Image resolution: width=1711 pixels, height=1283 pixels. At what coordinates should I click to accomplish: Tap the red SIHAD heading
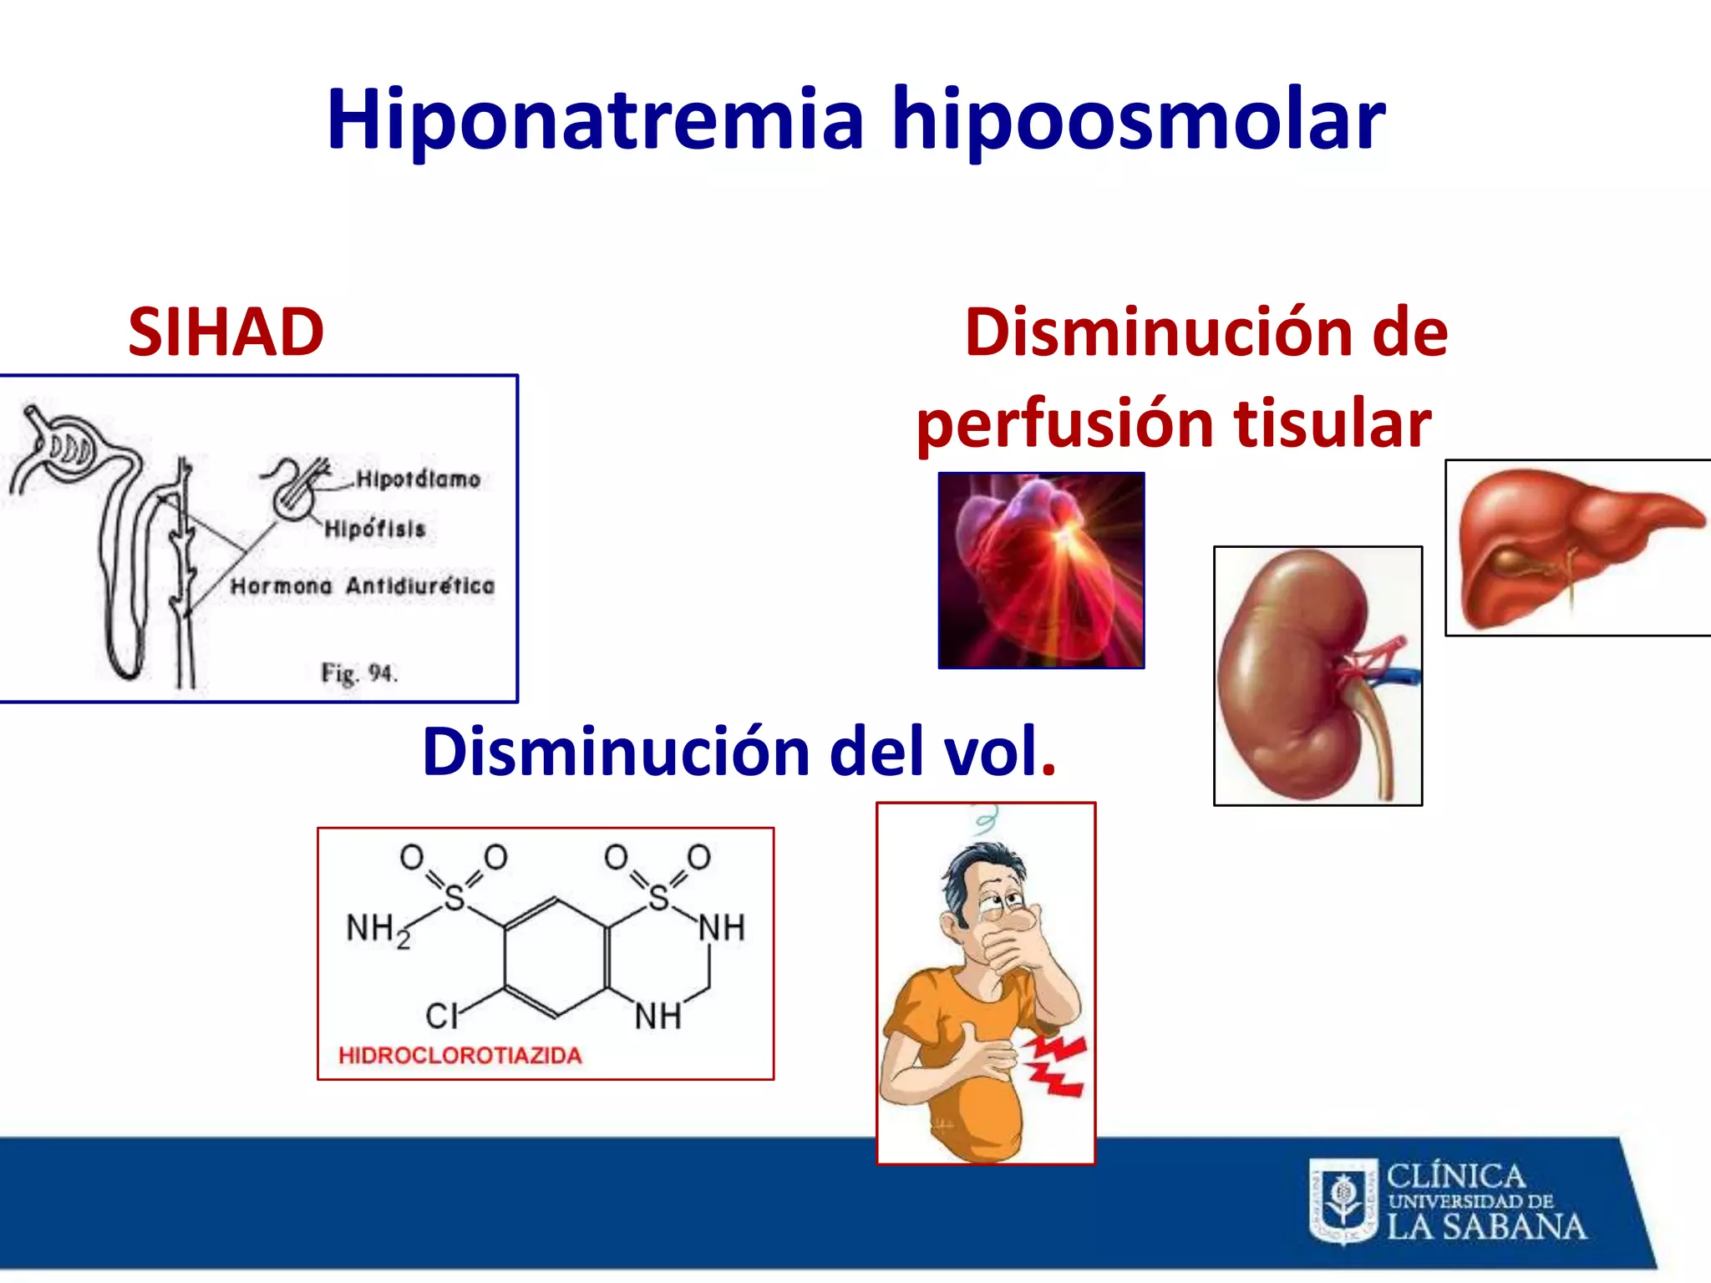coord(226,332)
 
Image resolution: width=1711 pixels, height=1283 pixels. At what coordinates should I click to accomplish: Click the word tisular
coord(1332,423)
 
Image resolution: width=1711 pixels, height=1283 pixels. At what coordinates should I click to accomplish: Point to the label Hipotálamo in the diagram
coord(418,479)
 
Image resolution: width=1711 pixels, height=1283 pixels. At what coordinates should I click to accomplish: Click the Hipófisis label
coord(375,529)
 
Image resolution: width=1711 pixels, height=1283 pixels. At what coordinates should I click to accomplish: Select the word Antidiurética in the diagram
coord(420,586)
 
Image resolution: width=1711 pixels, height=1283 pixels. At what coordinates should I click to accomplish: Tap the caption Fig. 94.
coord(359,672)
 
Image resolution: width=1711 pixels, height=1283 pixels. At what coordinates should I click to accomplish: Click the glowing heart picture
coord(1041,571)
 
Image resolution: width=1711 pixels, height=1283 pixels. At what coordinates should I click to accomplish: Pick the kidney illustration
coord(1317,675)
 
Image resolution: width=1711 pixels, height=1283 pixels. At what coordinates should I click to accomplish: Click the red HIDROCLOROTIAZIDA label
coord(459,1056)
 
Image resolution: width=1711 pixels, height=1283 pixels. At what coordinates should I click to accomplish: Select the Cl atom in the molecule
coord(441,1017)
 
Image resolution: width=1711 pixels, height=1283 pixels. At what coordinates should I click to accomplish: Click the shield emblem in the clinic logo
coord(1343,1201)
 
